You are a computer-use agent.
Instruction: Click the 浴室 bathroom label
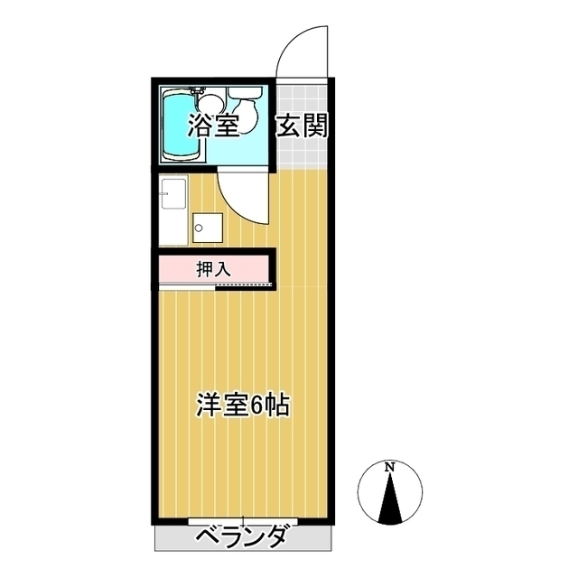tap(213, 126)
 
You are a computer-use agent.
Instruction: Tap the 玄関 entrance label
tap(302, 126)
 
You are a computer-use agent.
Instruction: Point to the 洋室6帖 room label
tap(243, 406)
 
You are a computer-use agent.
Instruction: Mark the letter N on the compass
tap(390, 467)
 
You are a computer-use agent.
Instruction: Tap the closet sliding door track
tap(244, 286)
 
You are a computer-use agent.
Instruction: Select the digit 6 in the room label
tap(256, 406)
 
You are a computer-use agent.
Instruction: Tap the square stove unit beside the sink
tap(206, 228)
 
